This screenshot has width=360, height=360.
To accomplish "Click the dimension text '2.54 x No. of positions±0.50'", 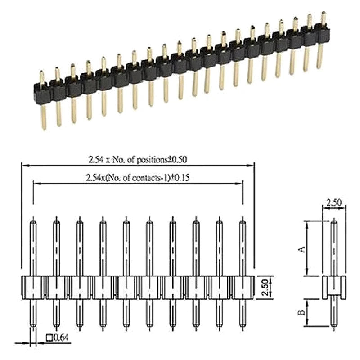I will click(137, 159).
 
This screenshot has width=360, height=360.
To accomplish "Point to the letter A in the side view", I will click(303, 248).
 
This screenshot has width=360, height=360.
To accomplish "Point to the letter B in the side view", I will click(303, 312).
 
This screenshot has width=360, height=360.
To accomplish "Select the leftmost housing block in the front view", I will click(32, 287).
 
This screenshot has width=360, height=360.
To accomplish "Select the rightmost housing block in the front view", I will click(243, 287).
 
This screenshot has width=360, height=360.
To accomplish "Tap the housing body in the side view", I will click(334, 287).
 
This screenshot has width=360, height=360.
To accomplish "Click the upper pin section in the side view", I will click(334, 247).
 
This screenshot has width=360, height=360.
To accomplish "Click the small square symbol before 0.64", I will click(49, 337).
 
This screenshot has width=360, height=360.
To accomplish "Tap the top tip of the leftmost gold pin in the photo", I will click(42, 72).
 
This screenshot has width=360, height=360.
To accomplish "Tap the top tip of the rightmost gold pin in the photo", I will click(323, 13).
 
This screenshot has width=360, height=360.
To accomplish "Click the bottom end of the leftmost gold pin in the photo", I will click(44, 128).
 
